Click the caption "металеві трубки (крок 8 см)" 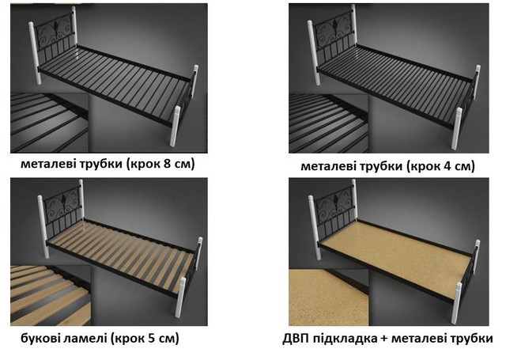108,165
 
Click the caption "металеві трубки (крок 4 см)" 387,166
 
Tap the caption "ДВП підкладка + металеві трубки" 391,339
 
